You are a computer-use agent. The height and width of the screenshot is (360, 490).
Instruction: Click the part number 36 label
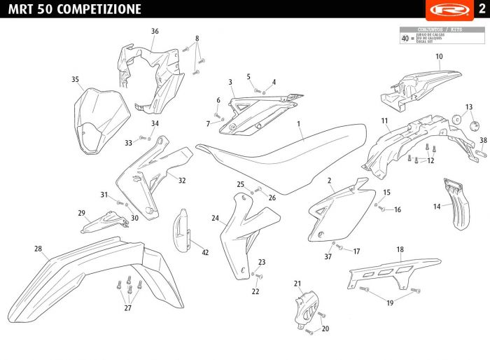(x=155, y=31)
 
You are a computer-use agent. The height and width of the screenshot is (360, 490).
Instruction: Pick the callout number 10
(x=439, y=57)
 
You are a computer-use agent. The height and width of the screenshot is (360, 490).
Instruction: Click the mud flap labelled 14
(x=456, y=203)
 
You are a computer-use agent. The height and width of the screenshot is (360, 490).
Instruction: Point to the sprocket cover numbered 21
(x=306, y=309)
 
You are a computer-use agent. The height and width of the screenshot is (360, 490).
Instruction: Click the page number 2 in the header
(x=481, y=8)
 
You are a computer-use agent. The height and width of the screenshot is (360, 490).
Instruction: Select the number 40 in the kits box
(x=405, y=39)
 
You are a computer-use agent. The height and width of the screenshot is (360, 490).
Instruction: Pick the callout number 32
(x=182, y=181)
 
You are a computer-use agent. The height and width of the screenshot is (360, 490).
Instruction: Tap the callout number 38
(x=483, y=140)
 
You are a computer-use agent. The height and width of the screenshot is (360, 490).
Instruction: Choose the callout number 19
(x=390, y=303)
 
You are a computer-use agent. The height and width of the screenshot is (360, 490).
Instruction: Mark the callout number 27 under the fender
(x=128, y=307)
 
